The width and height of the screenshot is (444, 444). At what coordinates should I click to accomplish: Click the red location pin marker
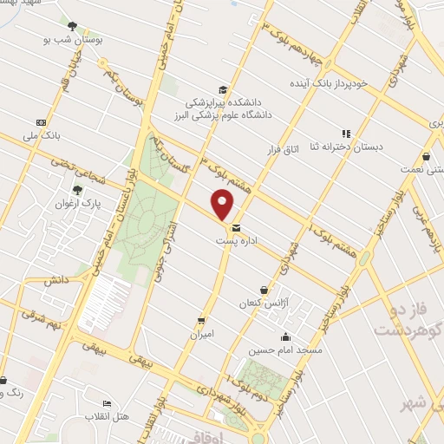223,205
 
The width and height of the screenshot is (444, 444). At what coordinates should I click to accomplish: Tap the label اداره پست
238,239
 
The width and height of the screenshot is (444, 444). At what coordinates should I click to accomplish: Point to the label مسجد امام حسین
285,350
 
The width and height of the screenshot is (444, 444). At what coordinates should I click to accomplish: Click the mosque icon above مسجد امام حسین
285,337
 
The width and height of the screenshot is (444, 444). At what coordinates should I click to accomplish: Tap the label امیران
201,333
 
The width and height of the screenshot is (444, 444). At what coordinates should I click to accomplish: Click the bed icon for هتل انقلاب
107,404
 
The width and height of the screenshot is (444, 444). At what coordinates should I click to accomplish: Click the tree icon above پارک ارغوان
77,189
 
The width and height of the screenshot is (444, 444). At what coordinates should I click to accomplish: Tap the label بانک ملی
42,136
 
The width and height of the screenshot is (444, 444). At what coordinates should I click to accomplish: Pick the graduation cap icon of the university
223,89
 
